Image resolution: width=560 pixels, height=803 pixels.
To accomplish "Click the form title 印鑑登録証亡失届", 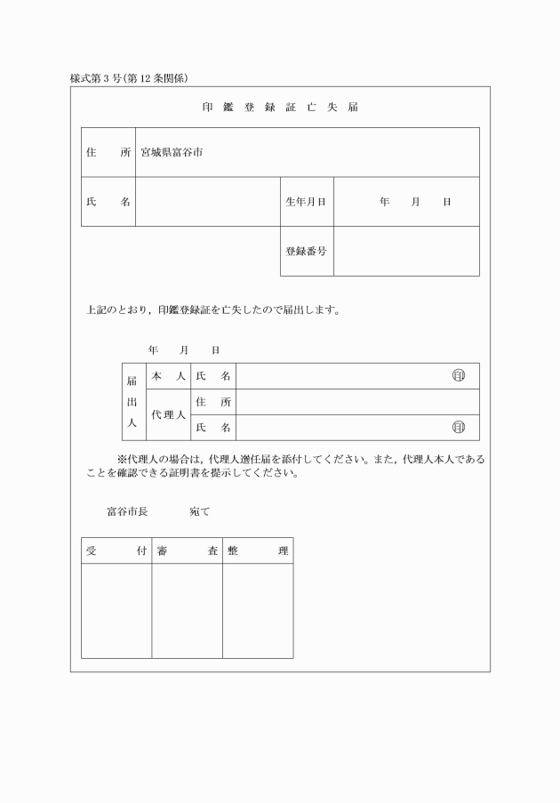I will [279, 107].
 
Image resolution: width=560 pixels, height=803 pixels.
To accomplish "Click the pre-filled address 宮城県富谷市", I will [172, 152].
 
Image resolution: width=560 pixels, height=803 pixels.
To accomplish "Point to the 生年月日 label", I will [305, 202].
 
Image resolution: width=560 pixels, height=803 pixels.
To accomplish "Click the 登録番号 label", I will [305, 251].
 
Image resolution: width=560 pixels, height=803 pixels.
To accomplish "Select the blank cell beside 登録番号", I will [406, 251].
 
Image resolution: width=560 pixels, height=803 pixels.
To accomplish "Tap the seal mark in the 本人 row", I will [459, 376].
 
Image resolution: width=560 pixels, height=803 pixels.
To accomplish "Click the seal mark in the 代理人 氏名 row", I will [459, 428].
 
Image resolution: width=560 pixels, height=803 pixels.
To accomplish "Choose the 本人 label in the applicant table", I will [168, 376].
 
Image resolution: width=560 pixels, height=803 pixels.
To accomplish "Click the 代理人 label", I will [168, 414].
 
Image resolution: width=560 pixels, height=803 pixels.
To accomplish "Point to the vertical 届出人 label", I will [132, 402].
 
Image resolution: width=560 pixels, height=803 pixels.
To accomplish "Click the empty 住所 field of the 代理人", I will [357, 402].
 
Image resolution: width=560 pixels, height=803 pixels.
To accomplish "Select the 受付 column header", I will [116, 550].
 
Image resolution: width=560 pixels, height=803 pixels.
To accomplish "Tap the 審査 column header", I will [187, 550].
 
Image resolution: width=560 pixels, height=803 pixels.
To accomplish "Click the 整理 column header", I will [258, 550].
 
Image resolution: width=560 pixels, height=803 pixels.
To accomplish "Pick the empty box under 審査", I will [187, 611].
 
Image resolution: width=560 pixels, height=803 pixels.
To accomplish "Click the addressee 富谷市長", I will [127, 512].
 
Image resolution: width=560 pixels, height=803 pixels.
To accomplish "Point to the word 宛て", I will [199, 512].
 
